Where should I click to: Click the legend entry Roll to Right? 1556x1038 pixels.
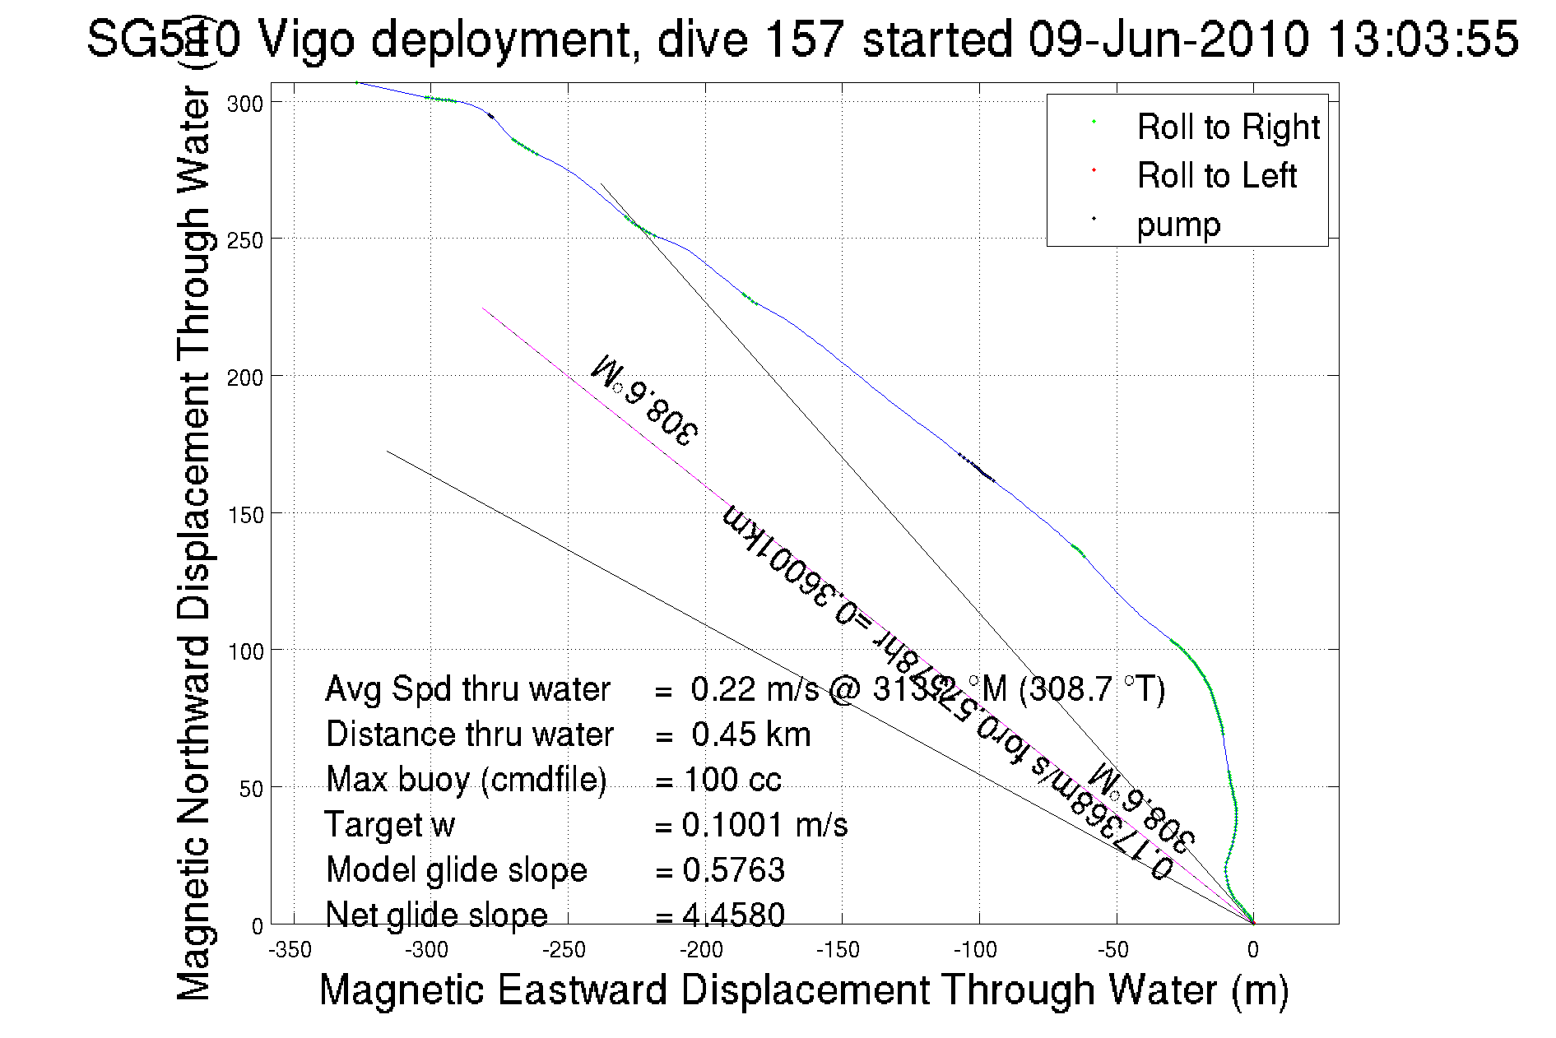tap(1227, 127)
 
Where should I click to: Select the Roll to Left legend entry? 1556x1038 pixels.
tap(1216, 176)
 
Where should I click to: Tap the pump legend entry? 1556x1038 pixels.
tap(1178, 225)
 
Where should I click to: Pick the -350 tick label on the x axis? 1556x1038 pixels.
tap(290, 951)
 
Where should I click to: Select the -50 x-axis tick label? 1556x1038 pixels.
tap(1112, 951)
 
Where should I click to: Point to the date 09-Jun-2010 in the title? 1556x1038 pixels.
tap(1168, 39)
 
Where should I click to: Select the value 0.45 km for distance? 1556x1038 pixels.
tap(750, 734)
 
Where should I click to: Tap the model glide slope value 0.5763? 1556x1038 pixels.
tap(733, 870)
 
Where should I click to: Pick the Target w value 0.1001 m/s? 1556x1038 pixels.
tap(764, 825)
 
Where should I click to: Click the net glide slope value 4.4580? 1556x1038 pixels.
tap(733, 915)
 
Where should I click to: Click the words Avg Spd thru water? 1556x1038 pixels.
tap(467, 689)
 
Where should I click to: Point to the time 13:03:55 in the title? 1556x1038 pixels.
tap(1423, 39)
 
